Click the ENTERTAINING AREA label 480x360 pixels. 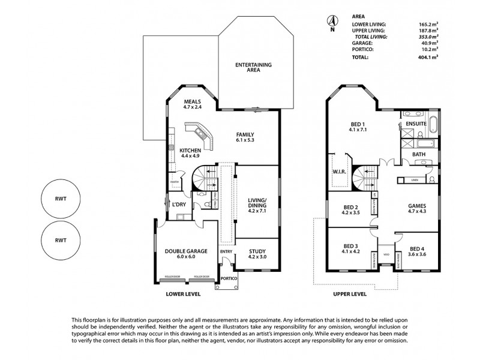pos(253,67)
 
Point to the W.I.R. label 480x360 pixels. pos(337,173)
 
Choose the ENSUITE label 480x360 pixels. pos(416,124)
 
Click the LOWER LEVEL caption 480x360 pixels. pos(183,295)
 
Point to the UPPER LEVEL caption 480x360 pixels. pos(349,295)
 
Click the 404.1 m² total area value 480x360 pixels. pos(429,57)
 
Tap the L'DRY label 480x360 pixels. pos(179,205)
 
